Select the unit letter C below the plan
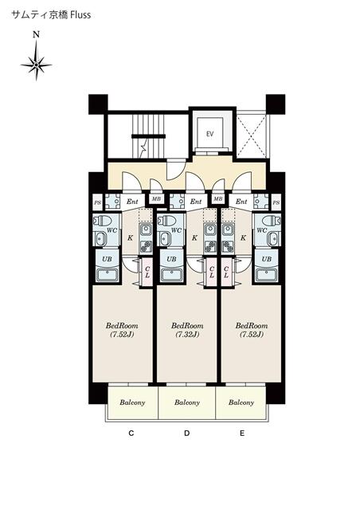tap(130, 434)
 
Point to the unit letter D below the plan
tap(187, 434)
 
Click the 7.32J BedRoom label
tap(187, 329)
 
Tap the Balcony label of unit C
tap(132, 402)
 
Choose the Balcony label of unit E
tap(241, 402)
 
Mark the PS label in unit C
tap(97, 202)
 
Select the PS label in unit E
tap(276, 202)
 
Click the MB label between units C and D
tap(156, 198)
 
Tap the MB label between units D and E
tap(217, 198)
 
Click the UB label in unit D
tap(170, 259)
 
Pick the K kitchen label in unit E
tap(243, 237)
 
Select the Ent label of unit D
tap(196, 202)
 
